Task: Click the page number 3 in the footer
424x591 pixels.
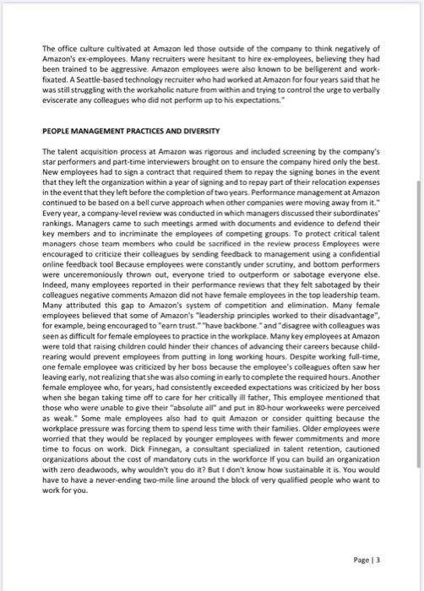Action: [378, 559]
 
